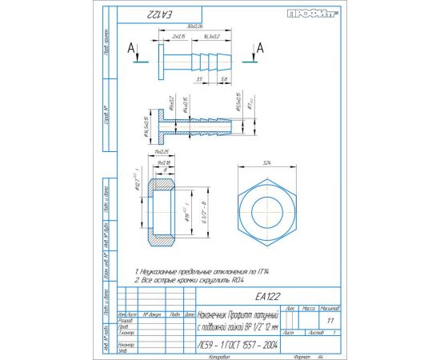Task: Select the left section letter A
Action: [130, 48]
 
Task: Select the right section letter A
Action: [261, 48]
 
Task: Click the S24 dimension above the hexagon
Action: [266, 162]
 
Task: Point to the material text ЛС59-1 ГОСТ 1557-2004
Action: [238, 345]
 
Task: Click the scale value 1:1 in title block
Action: [330, 320]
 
